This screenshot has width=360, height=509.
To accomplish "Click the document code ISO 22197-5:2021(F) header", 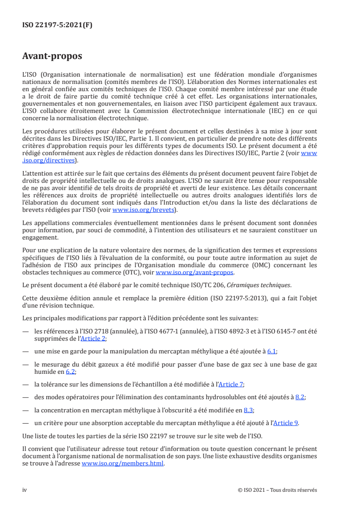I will coord(57,25).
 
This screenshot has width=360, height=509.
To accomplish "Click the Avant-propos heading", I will coord(52,56).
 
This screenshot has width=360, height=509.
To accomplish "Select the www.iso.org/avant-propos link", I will coord(194,272).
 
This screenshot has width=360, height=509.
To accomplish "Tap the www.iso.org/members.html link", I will coord(123,464).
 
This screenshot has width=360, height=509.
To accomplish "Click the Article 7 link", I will coord(231,384).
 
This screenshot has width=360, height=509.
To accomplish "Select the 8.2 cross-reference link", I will coord(300,397).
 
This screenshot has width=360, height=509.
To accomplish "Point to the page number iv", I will coord(25,490).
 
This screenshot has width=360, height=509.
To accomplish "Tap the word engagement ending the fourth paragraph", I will coord(39,237).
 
